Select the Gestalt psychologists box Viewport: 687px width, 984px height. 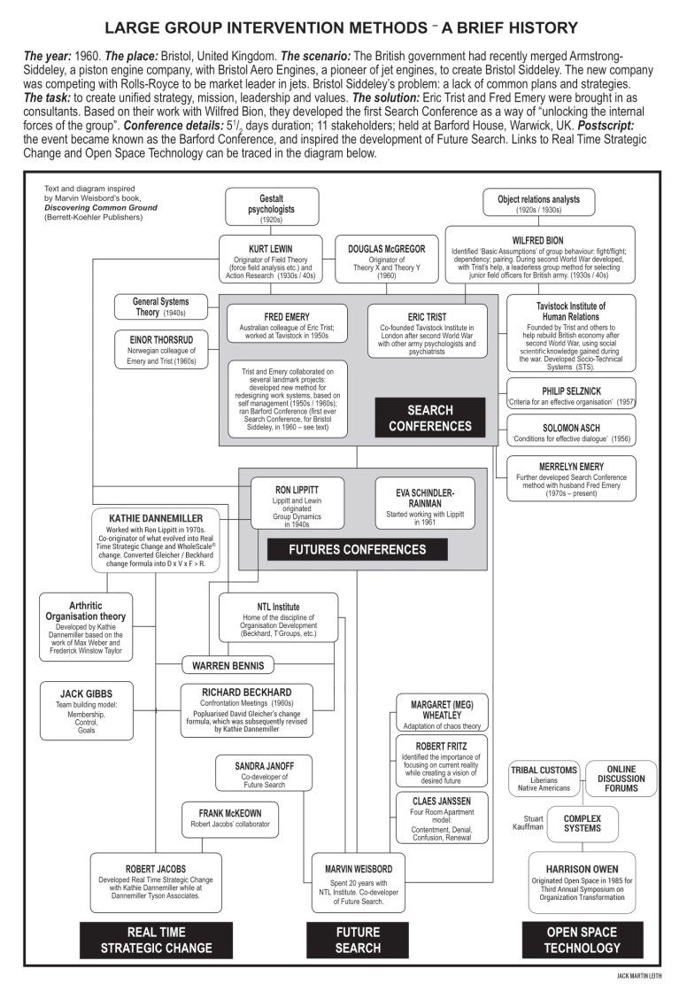tap(271, 205)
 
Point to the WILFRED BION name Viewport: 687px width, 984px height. tap(536, 240)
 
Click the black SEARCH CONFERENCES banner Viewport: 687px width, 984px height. tap(429, 418)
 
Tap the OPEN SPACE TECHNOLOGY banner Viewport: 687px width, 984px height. tap(583, 940)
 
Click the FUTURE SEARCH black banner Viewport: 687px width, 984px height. tap(358, 940)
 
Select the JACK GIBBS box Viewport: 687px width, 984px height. tap(85, 710)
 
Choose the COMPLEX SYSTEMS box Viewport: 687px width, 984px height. tap(583, 823)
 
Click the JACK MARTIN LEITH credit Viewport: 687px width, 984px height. tap(645, 975)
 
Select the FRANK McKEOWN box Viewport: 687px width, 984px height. tap(222, 817)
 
